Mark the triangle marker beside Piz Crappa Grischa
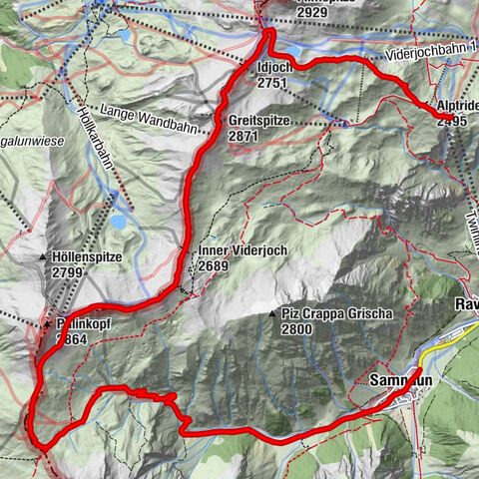point(272,314)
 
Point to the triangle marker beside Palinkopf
point(46,325)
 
